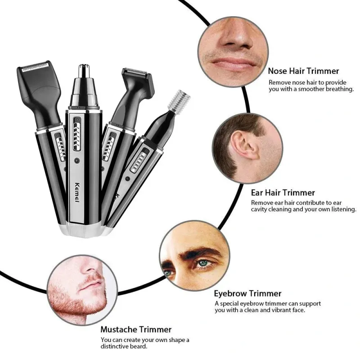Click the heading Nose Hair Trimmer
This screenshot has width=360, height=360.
click(303, 71)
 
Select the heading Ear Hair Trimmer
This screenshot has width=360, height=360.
click(283, 193)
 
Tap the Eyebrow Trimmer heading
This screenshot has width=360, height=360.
click(248, 293)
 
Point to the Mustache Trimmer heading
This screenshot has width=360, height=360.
click(136, 329)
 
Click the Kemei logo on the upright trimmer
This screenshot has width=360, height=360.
click(77, 193)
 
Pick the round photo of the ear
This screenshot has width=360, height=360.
click(247, 148)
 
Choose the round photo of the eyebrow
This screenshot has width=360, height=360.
click(194, 256)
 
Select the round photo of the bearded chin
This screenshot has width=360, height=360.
click(82, 290)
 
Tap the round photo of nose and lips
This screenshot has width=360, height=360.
click(233, 52)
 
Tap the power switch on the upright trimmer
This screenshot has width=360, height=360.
click(77, 134)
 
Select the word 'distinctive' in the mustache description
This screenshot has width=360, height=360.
click(115, 346)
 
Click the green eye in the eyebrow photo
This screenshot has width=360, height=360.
click(203, 263)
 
